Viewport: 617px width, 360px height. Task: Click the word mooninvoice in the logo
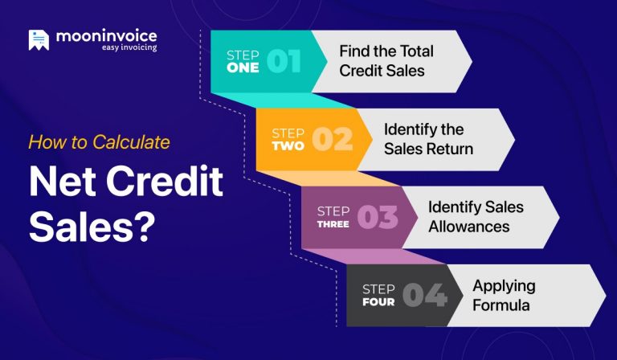(106, 36)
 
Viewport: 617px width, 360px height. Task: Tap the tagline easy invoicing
(129, 48)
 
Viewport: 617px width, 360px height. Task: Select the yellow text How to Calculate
(100, 142)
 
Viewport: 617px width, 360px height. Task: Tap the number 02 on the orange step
(332, 138)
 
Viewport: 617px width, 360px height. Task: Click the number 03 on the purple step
(377, 217)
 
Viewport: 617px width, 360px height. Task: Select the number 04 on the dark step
(423, 295)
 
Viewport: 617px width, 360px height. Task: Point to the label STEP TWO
(288, 139)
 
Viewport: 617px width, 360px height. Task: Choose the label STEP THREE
(333, 217)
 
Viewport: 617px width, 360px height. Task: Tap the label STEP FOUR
(378, 295)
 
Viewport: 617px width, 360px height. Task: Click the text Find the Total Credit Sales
(386, 60)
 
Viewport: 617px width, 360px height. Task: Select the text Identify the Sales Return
(428, 138)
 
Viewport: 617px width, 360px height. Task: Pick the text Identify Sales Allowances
(475, 216)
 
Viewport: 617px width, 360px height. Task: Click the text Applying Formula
(504, 295)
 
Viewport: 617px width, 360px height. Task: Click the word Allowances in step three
(468, 226)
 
